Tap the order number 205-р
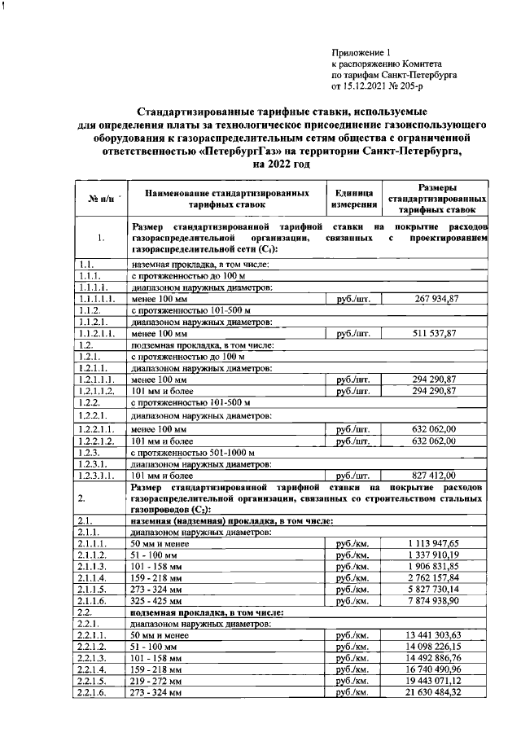tap(422, 84)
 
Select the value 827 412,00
tap(437, 476)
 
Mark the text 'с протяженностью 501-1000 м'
tap(193, 453)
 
